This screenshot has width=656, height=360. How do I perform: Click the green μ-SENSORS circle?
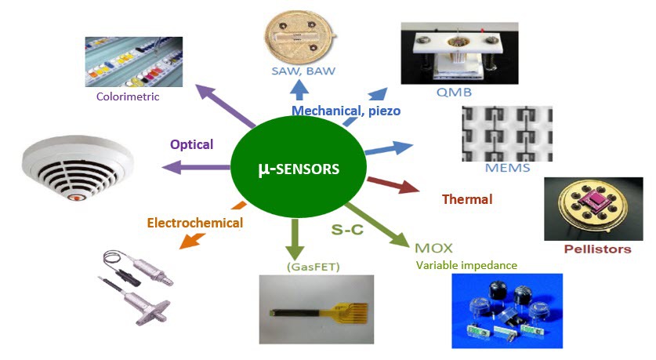tap(299, 167)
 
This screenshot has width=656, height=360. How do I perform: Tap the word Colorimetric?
tap(128, 96)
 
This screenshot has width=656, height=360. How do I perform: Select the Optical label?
tap(191, 144)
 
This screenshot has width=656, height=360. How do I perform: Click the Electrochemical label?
tap(195, 223)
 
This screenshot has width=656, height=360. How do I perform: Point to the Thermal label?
tap(467, 199)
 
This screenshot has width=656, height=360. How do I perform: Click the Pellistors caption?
tap(597, 249)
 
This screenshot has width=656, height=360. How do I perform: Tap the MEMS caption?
tap(508, 168)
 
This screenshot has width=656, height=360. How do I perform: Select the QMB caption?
tap(454, 92)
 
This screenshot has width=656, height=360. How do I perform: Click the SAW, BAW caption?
tap(303, 71)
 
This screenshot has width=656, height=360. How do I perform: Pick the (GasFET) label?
tap(313, 267)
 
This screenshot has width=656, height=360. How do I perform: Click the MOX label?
tap(433, 248)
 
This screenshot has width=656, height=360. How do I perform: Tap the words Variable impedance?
tap(466, 265)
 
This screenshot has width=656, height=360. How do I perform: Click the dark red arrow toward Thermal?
tap(393, 185)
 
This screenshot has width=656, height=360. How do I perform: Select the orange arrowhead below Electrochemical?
tap(192, 240)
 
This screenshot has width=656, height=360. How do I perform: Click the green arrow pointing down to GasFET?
tap(295, 238)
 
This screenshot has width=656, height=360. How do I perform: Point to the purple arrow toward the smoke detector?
tap(196, 168)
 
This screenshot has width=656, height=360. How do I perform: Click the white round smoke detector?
tap(78, 167)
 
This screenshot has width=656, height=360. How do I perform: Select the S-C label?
tap(347, 229)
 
